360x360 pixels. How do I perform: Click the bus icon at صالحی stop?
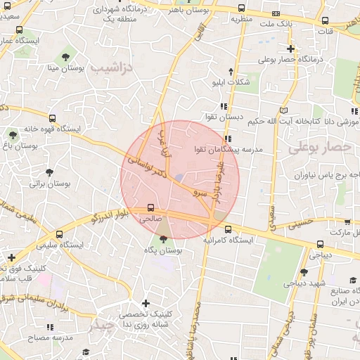click(151, 208)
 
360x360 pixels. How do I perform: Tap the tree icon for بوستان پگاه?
click(164, 239)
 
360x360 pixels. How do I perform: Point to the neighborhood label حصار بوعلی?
click(319, 147)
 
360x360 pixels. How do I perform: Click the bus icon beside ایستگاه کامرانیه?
click(227, 229)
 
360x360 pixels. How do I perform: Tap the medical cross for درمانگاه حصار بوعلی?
click(290, 49)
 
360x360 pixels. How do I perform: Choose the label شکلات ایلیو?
click(232, 82)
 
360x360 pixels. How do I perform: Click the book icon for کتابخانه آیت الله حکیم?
click(283, 110)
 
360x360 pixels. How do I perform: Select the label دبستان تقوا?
click(224, 117)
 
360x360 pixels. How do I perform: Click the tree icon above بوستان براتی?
click(49, 172)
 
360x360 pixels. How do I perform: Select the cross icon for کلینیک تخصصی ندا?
click(146, 304)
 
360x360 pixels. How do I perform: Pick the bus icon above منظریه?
click(242, 8)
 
